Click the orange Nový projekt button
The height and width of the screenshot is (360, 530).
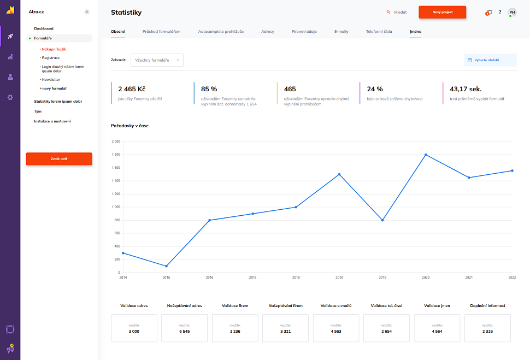pyautogui.click(x=442, y=12)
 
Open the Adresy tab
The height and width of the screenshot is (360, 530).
pyautogui.click(x=268, y=32)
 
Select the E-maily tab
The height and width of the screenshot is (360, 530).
pyautogui.click(x=341, y=32)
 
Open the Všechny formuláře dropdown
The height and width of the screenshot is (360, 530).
pyautogui.click(x=157, y=60)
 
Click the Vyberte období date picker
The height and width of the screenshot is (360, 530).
pyautogui.click(x=490, y=60)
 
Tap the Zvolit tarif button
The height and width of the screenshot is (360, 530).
pyautogui.click(x=59, y=159)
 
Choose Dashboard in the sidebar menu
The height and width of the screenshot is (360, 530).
pyautogui.click(x=44, y=28)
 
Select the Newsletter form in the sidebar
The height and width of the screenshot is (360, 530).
pyautogui.click(x=51, y=80)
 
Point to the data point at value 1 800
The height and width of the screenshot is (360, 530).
pyautogui.click(x=426, y=155)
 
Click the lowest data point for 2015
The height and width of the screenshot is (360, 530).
pyautogui.click(x=166, y=266)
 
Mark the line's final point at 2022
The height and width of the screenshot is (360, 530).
pyautogui.click(x=512, y=170)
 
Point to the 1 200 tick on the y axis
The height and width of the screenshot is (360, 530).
pyautogui.click(x=116, y=194)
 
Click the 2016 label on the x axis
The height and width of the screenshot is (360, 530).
pyautogui.click(x=209, y=278)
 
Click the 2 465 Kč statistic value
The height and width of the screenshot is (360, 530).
pyautogui.click(x=132, y=89)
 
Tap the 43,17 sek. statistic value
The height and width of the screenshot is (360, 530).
pyautogui.click(x=466, y=89)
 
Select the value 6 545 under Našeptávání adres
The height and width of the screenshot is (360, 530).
pyautogui.click(x=184, y=331)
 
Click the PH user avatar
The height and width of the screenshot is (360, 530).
pyautogui.click(x=512, y=12)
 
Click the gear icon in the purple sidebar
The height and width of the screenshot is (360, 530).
pyautogui.click(x=10, y=97)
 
